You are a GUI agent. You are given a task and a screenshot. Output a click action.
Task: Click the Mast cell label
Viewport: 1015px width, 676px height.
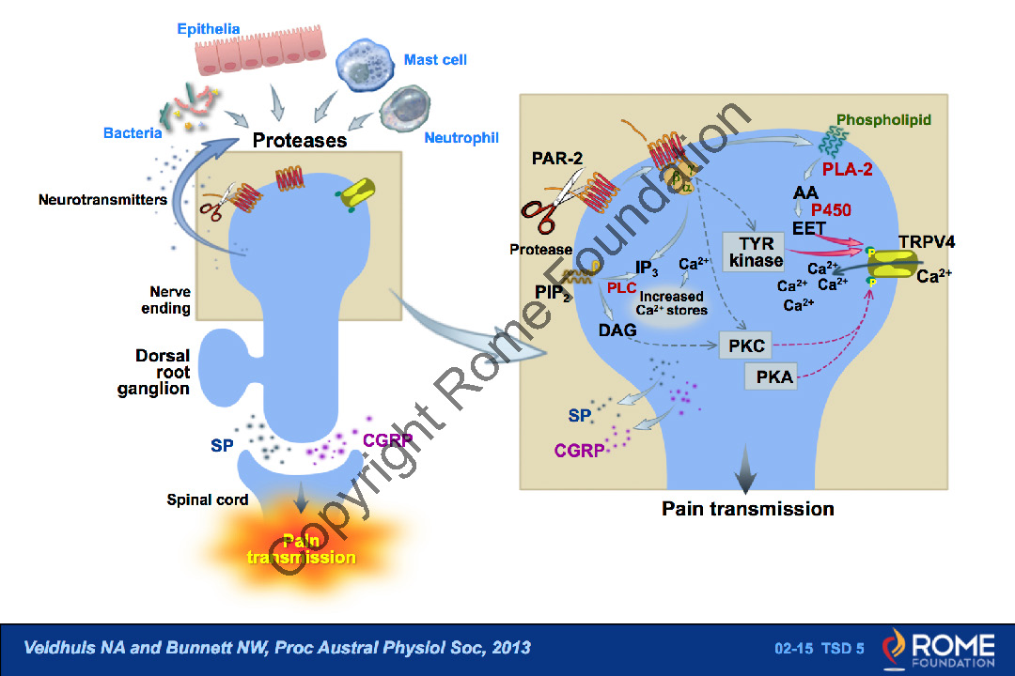tap(435, 60)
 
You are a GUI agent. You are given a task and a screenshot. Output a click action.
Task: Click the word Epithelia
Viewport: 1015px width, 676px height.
tap(209, 29)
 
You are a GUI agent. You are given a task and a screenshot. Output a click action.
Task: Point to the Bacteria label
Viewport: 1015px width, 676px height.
tap(133, 133)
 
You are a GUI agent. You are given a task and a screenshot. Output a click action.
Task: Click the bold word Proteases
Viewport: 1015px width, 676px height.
tap(300, 141)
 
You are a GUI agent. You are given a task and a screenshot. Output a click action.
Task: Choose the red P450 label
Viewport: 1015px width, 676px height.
tap(831, 209)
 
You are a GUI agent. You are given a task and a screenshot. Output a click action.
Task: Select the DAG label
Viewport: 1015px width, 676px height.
tap(617, 330)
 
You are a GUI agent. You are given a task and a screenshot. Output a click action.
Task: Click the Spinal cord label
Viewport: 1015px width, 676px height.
tap(208, 499)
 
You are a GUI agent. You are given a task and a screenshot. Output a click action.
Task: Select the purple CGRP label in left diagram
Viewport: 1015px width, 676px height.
tap(387, 439)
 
